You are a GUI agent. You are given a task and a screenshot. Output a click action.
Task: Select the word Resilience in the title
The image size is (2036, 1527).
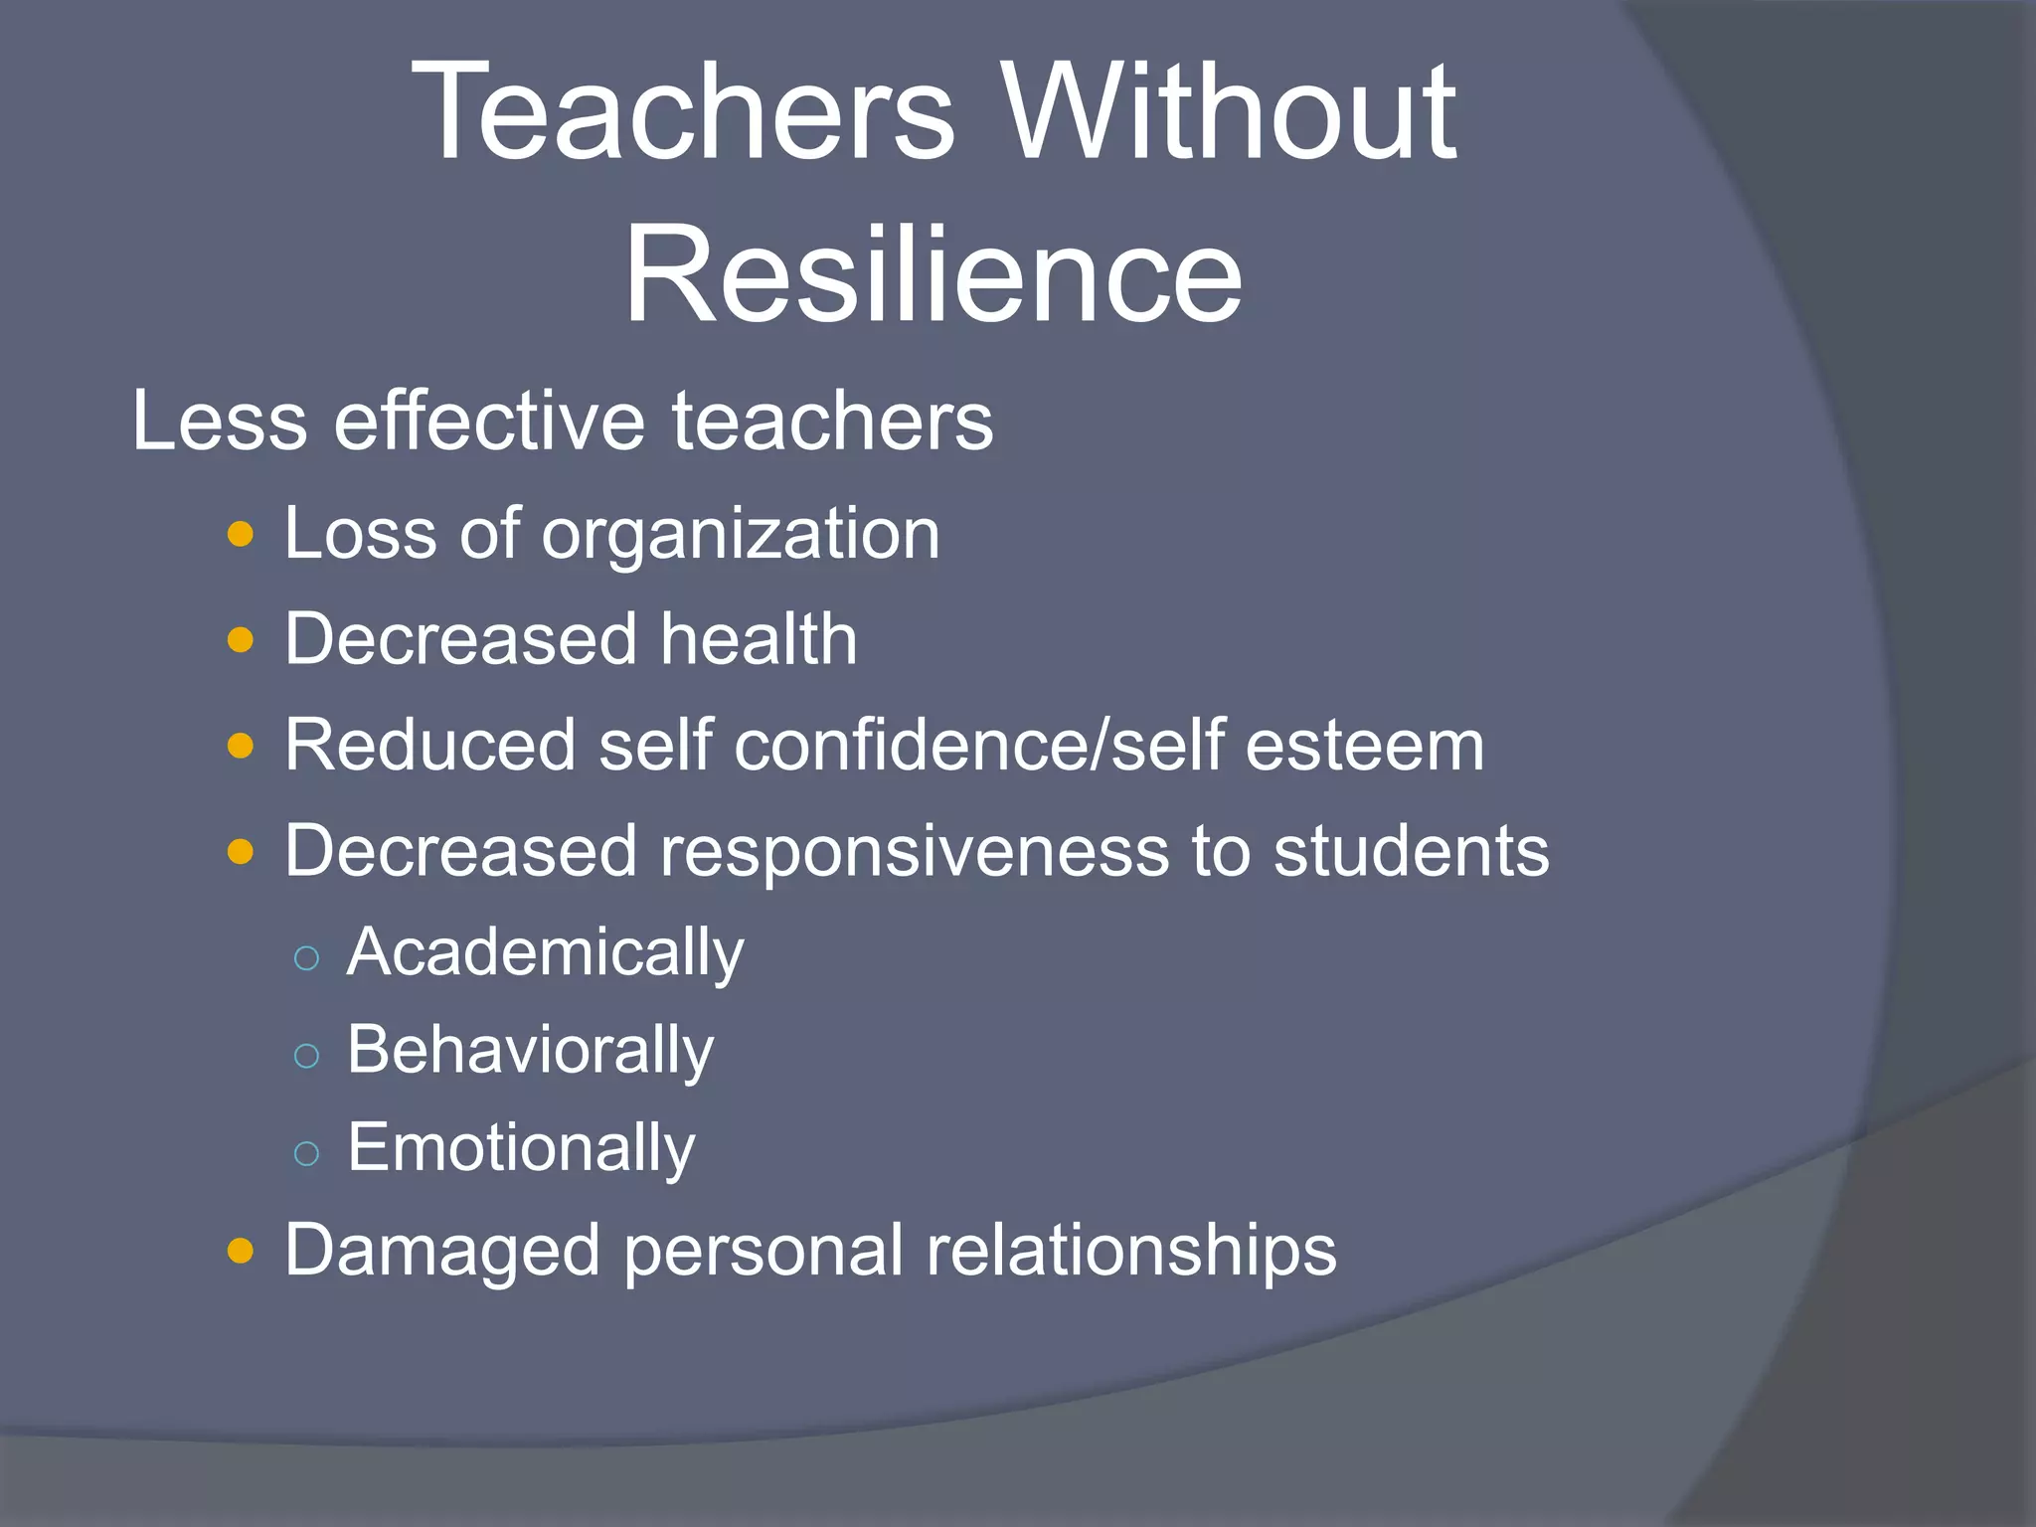(x=933, y=274)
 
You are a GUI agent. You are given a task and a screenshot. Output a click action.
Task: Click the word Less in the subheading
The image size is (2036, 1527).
(x=220, y=421)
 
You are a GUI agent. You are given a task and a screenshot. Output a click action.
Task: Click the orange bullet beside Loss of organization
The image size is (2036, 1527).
(x=241, y=536)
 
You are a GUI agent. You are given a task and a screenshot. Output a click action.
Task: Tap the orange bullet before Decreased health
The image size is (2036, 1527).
(x=241, y=640)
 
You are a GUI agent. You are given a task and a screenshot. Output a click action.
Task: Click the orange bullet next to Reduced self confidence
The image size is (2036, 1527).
(x=241, y=746)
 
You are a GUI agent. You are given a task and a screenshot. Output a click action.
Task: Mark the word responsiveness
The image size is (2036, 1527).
(x=914, y=852)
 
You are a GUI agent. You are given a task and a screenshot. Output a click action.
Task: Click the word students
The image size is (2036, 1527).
(x=1411, y=851)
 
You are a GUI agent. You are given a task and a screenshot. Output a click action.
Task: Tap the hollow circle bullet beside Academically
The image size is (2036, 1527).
(x=307, y=957)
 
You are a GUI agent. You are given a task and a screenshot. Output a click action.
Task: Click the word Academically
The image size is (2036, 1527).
(x=545, y=953)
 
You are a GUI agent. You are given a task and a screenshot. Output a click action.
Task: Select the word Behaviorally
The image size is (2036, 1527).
(x=530, y=1051)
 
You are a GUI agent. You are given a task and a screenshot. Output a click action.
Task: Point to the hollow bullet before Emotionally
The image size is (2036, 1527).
(x=307, y=1153)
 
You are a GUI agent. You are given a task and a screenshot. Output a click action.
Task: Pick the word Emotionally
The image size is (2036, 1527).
(x=521, y=1148)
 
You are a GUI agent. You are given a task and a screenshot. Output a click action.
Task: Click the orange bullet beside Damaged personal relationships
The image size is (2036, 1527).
(x=241, y=1251)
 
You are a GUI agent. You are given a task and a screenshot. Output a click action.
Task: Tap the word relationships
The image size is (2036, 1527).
(x=1131, y=1251)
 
